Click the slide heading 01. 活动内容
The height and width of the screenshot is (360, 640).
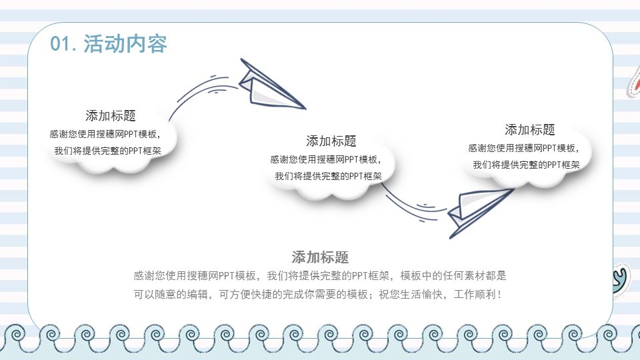109,43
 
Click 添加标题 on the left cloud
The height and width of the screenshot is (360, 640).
111,115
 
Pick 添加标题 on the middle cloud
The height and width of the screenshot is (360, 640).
331,141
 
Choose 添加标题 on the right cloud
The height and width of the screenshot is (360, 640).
530,130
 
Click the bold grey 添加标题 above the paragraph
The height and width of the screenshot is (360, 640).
320,257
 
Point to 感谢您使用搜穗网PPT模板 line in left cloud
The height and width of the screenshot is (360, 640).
105,133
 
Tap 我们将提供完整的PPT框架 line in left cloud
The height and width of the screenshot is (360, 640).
108,151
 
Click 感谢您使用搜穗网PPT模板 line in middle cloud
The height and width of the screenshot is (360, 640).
325,159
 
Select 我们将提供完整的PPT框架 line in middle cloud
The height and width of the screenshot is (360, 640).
328,177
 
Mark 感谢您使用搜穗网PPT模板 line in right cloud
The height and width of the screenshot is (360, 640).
524,148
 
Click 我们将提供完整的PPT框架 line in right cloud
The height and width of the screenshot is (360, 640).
527,165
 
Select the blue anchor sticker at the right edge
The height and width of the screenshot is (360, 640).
621,278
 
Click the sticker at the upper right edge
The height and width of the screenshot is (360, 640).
633,85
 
